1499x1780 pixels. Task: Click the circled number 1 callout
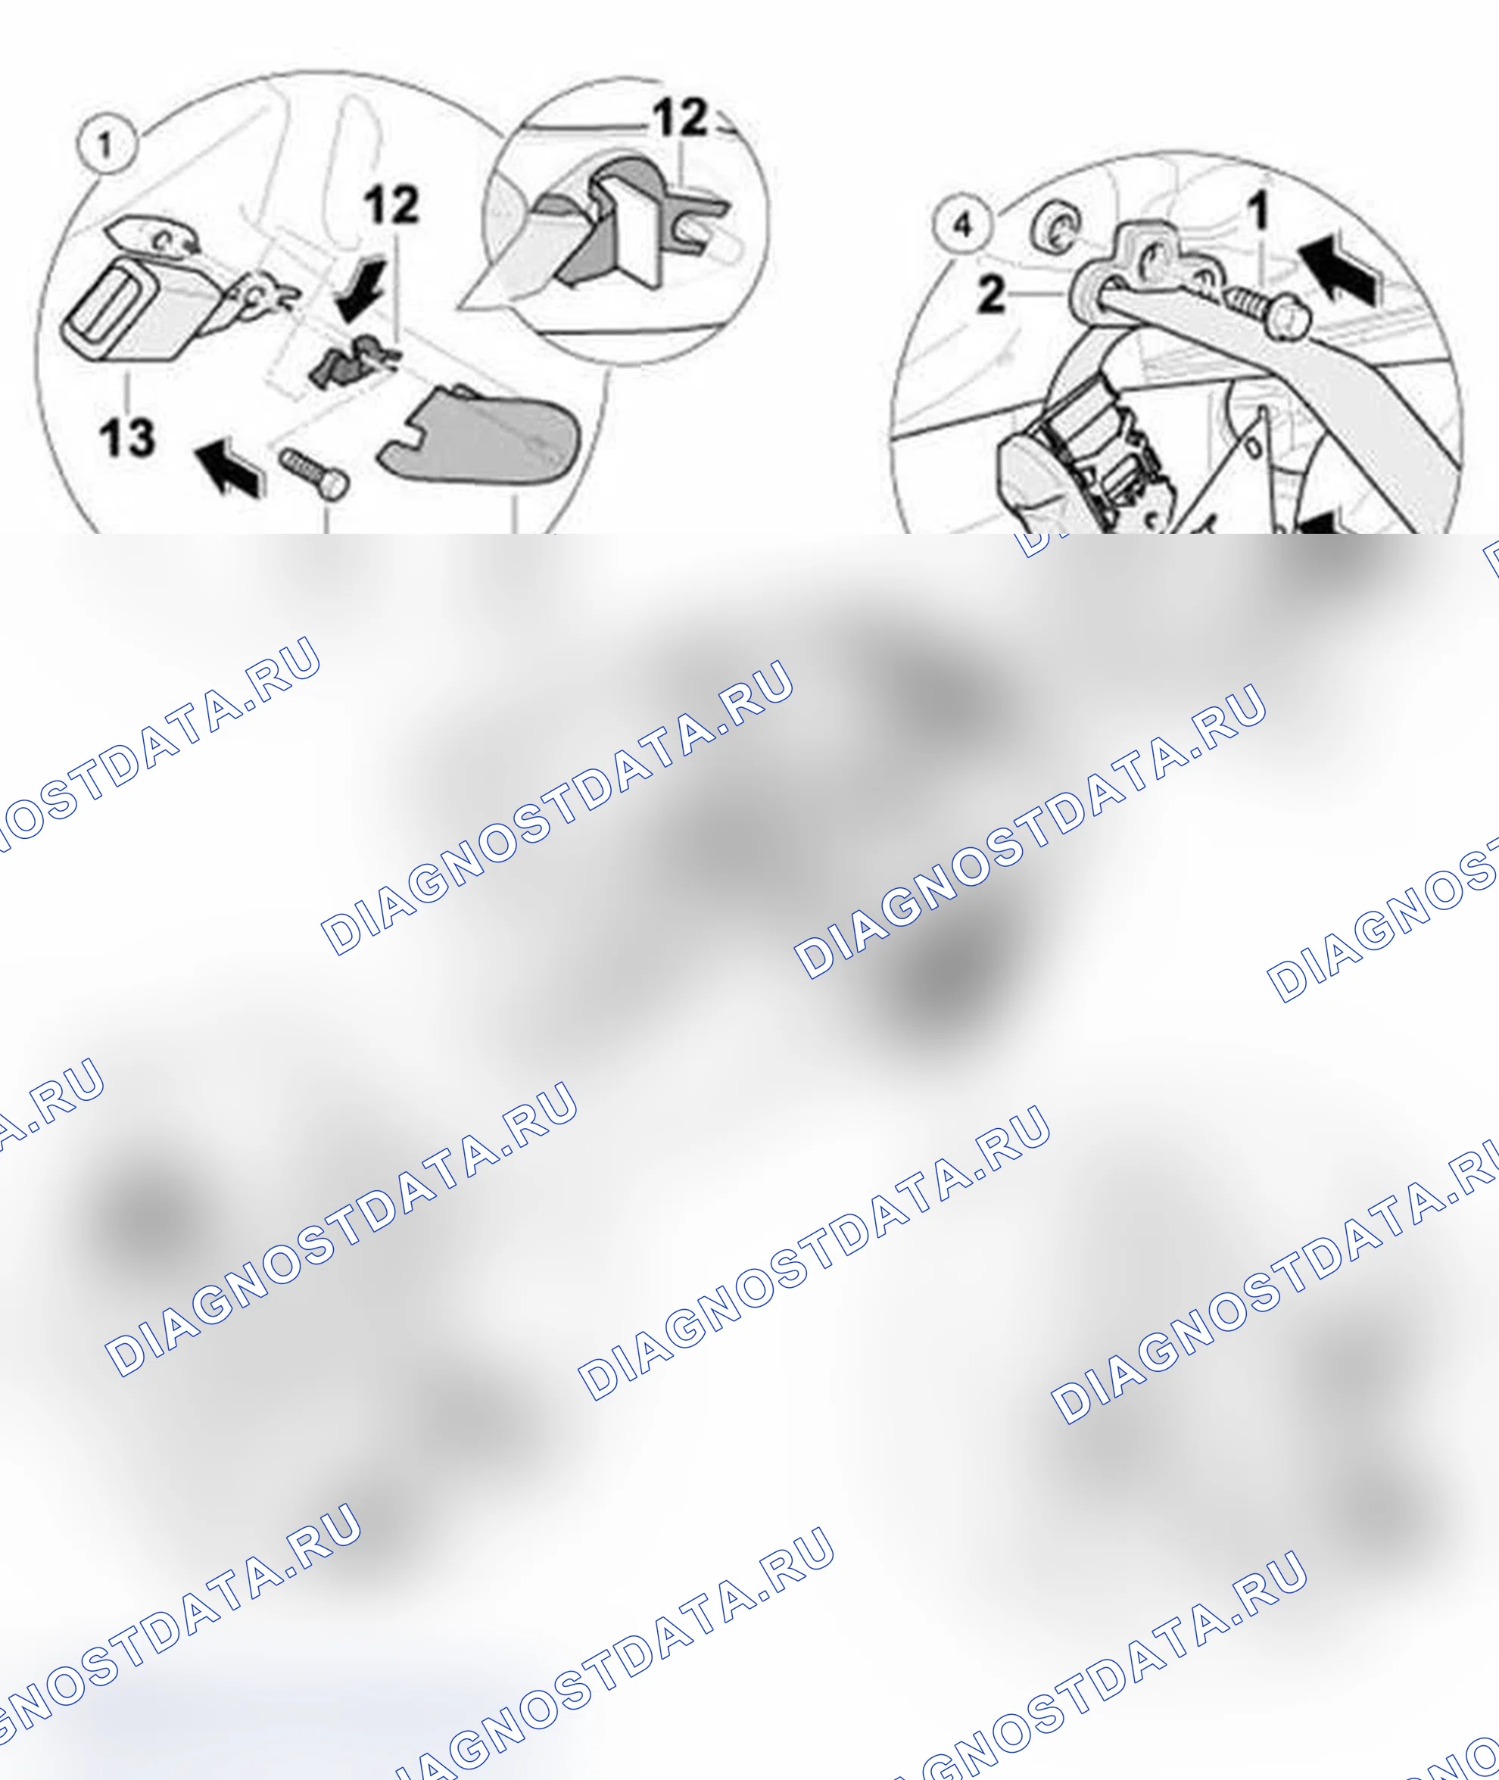coord(106,145)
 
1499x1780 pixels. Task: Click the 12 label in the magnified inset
coord(681,117)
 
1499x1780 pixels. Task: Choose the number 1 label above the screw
coord(1258,210)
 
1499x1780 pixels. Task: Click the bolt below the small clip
coord(313,472)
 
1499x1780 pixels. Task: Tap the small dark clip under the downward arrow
coord(352,360)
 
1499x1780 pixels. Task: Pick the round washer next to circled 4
coord(1055,229)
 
